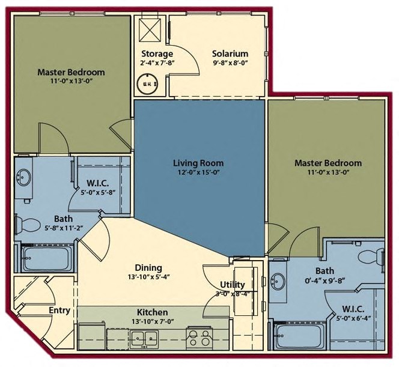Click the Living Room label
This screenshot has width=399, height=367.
pos(198,163)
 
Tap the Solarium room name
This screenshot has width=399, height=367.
pos(230,53)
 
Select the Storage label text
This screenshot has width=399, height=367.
pos(157,53)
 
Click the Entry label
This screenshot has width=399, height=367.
pos(59,311)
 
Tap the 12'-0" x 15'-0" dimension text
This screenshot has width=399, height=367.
pos(198,172)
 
